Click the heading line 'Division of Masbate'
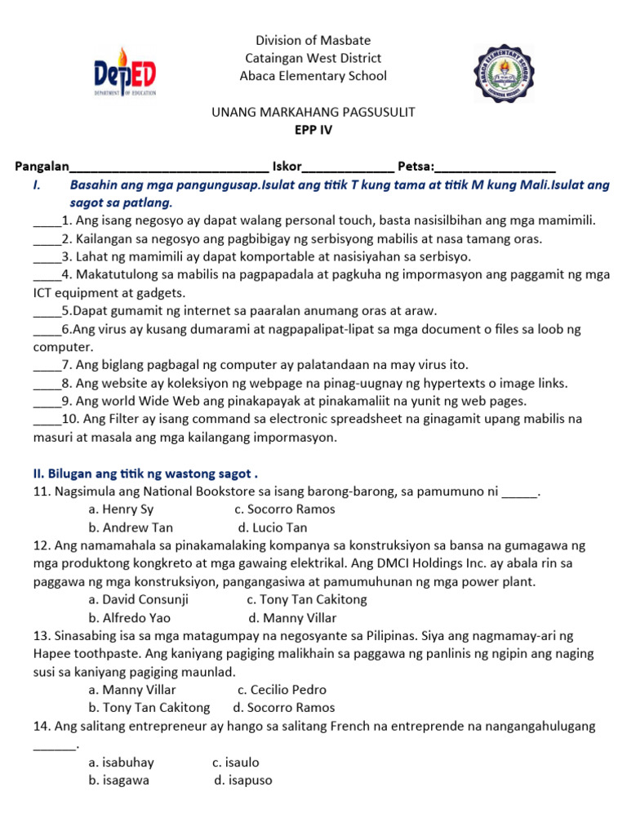(313, 40)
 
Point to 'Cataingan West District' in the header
(313, 58)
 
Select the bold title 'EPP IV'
(313, 129)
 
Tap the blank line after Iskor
(348, 168)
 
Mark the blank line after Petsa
(496, 168)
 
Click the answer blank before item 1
(47, 221)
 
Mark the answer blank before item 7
(47, 365)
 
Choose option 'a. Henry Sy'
(121, 509)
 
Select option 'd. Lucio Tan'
(273, 527)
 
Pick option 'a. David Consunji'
(139, 599)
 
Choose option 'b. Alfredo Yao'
(131, 618)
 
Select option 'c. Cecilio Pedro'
(277, 690)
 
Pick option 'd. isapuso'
(243, 780)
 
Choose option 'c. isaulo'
(236, 763)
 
